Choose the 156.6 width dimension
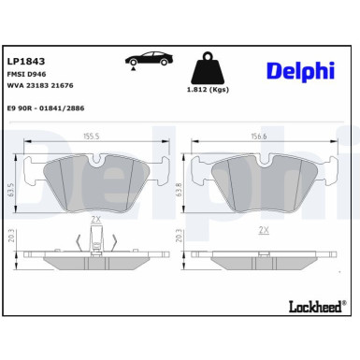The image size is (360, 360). tap(259, 136)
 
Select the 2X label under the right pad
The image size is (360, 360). tap(263, 229)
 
